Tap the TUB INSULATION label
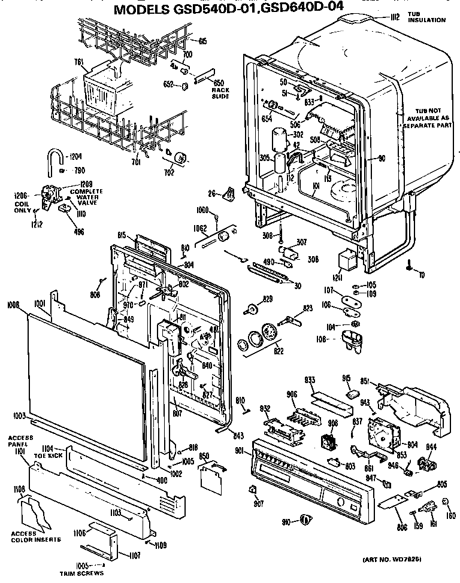click(x=426, y=17)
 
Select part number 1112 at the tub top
click(x=394, y=17)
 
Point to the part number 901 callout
click(x=240, y=450)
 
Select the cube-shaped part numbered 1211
click(x=346, y=261)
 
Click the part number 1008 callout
click(x=13, y=305)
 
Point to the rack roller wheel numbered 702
click(x=179, y=158)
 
